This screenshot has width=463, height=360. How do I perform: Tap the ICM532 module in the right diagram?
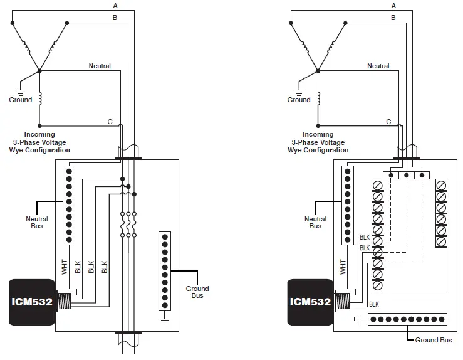click(x=310, y=301)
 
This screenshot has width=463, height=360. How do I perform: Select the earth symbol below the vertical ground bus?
click(x=165, y=320)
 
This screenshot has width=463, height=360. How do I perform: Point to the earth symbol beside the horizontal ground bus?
click(x=357, y=319)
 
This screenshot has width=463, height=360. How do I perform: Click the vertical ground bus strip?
click(x=165, y=271)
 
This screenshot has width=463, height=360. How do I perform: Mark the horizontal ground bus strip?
click(x=407, y=319)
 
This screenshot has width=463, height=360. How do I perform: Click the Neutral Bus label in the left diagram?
click(x=36, y=222)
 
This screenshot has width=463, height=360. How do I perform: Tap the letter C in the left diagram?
click(x=110, y=122)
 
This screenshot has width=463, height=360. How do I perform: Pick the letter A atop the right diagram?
click(x=393, y=6)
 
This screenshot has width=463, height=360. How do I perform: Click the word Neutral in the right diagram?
click(x=378, y=66)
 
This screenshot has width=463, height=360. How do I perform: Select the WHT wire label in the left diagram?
click(x=64, y=266)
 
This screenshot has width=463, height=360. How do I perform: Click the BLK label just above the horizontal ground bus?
click(x=374, y=304)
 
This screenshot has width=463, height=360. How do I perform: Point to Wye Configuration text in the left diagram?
click(x=39, y=151)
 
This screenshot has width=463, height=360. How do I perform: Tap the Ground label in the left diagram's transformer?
click(x=20, y=100)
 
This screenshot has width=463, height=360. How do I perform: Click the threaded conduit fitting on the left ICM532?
click(x=63, y=301)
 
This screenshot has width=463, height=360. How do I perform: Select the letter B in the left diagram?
click(x=115, y=18)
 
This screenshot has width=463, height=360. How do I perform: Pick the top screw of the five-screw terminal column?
click(x=441, y=185)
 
